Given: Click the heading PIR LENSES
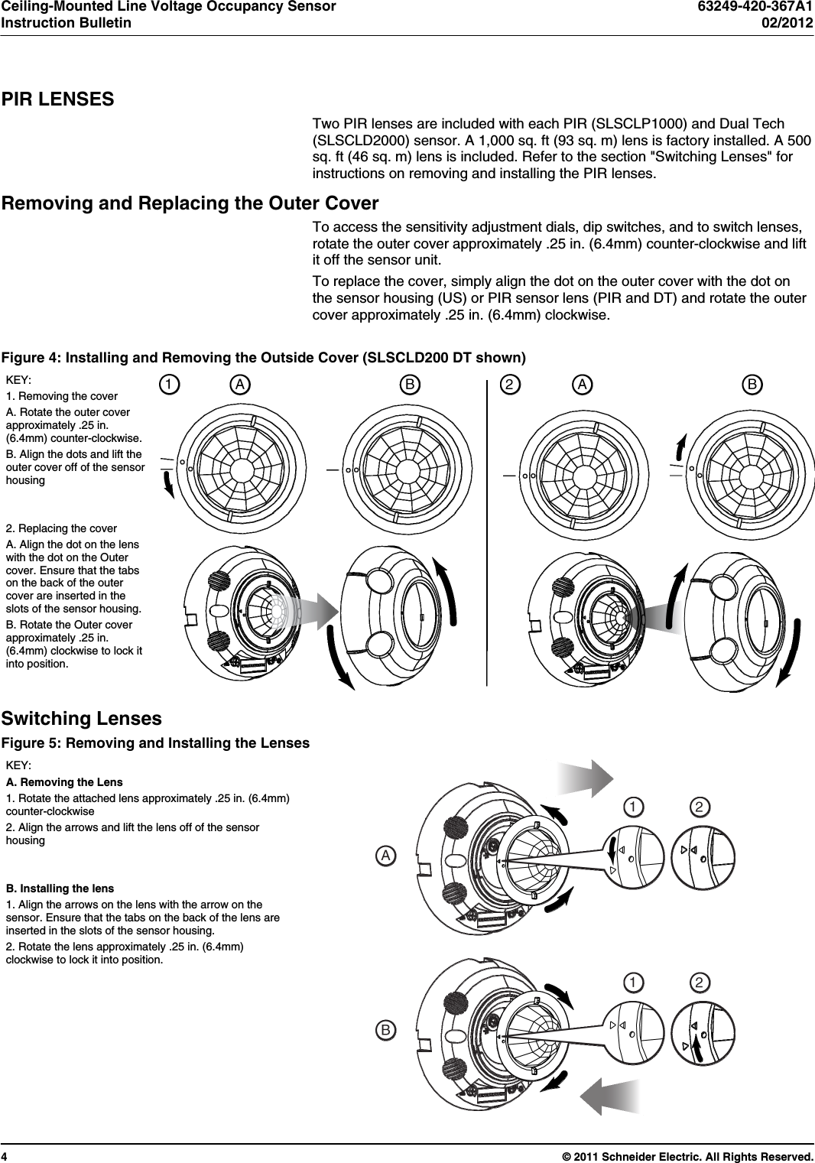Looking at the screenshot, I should (58, 99).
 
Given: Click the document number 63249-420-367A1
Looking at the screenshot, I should (755, 7).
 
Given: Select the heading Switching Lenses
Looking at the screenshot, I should (82, 719).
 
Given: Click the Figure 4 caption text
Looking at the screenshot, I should (264, 358).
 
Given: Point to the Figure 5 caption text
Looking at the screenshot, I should (155, 743).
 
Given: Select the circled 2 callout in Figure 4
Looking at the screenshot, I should (508, 385).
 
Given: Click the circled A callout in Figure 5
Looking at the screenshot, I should (387, 856).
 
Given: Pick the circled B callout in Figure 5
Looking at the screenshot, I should (387, 1030).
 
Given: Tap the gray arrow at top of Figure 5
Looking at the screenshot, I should (586, 778).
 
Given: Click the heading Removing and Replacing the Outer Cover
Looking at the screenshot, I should (190, 203).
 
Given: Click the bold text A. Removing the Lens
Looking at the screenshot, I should (64, 782).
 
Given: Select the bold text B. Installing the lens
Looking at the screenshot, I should (60, 888).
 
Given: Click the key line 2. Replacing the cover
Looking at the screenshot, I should (61, 528).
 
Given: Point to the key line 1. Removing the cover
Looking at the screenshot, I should (62, 396).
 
